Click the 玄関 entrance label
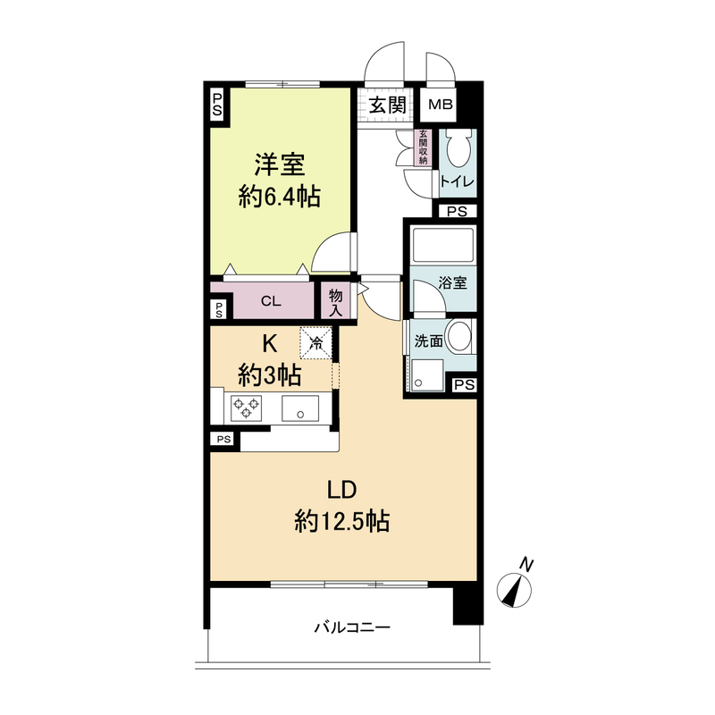pos(388,105)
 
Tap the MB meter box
pos(440,105)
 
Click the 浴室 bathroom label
pos(451,282)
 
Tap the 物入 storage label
pos(336,301)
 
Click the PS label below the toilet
pos(457,212)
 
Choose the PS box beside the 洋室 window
pos(217,105)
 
